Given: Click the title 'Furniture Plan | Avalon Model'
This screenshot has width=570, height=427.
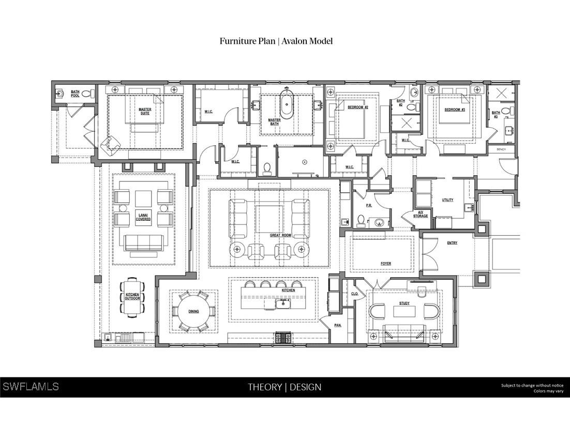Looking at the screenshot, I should [276, 41].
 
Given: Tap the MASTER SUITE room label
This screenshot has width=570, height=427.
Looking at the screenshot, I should [144, 111].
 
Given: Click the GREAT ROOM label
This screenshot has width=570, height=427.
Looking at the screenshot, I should [280, 235].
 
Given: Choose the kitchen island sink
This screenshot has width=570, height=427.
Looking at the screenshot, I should [283, 303].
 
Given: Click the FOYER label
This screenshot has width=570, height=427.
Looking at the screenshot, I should [386, 264].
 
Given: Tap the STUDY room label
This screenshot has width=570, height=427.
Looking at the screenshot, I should [404, 303].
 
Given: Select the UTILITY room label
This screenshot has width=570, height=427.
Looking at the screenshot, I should [447, 200].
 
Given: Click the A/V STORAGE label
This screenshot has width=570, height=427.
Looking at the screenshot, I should [421, 214].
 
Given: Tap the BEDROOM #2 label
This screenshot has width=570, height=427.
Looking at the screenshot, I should [357, 107].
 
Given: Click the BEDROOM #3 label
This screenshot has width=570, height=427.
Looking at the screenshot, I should [455, 110].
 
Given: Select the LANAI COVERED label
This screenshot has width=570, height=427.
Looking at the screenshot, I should [143, 217].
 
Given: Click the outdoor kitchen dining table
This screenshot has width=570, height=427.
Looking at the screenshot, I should [132, 297].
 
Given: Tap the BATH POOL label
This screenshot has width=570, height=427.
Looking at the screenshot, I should [75, 94].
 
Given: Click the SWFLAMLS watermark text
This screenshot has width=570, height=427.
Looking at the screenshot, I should [31, 387].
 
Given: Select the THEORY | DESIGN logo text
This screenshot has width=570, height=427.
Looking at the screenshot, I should [284, 387].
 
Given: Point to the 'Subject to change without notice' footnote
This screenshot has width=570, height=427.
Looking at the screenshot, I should [532, 385].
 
